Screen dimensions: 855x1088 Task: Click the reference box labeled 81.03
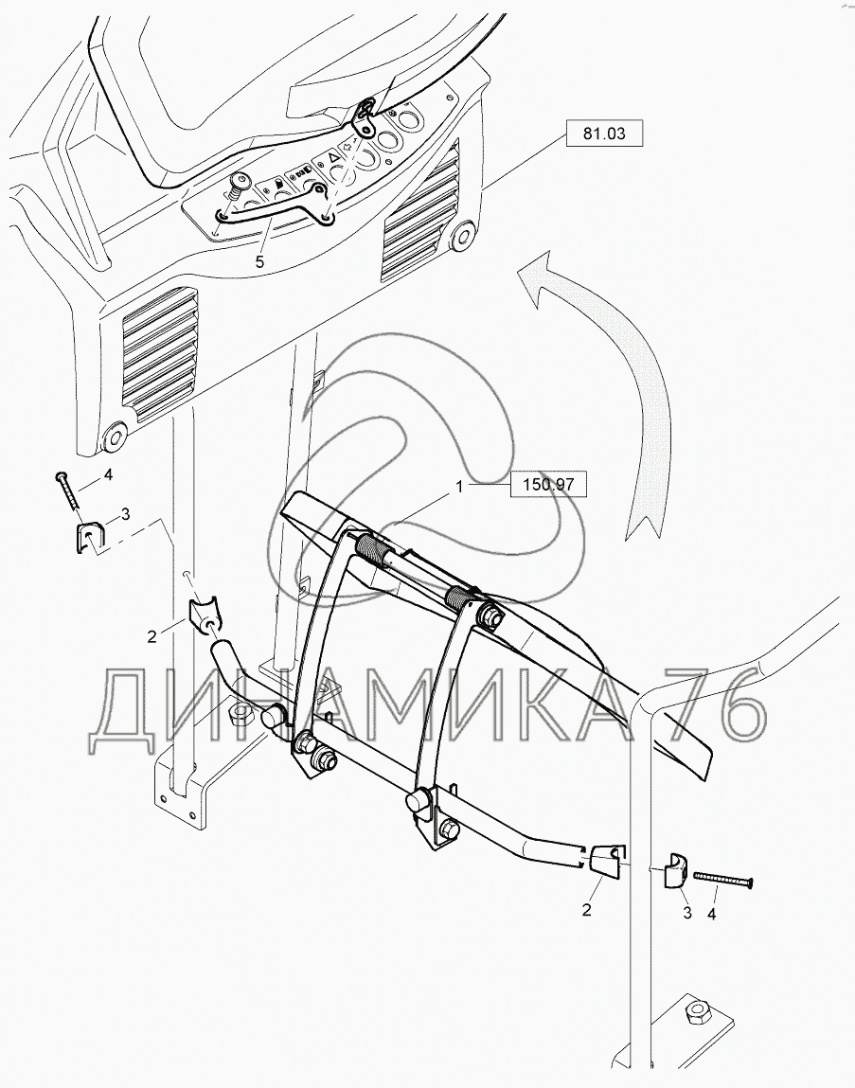point(604,134)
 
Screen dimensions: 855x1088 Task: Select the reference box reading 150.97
point(548,484)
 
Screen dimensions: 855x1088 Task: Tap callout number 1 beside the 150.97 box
point(459,487)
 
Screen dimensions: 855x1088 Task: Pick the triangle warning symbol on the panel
point(333,158)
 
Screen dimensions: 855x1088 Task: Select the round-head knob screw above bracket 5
point(240,183)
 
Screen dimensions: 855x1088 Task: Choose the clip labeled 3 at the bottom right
point(674,871)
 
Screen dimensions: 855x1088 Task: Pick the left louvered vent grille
point(160,354)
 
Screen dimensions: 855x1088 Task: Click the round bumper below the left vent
point(113,437)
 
